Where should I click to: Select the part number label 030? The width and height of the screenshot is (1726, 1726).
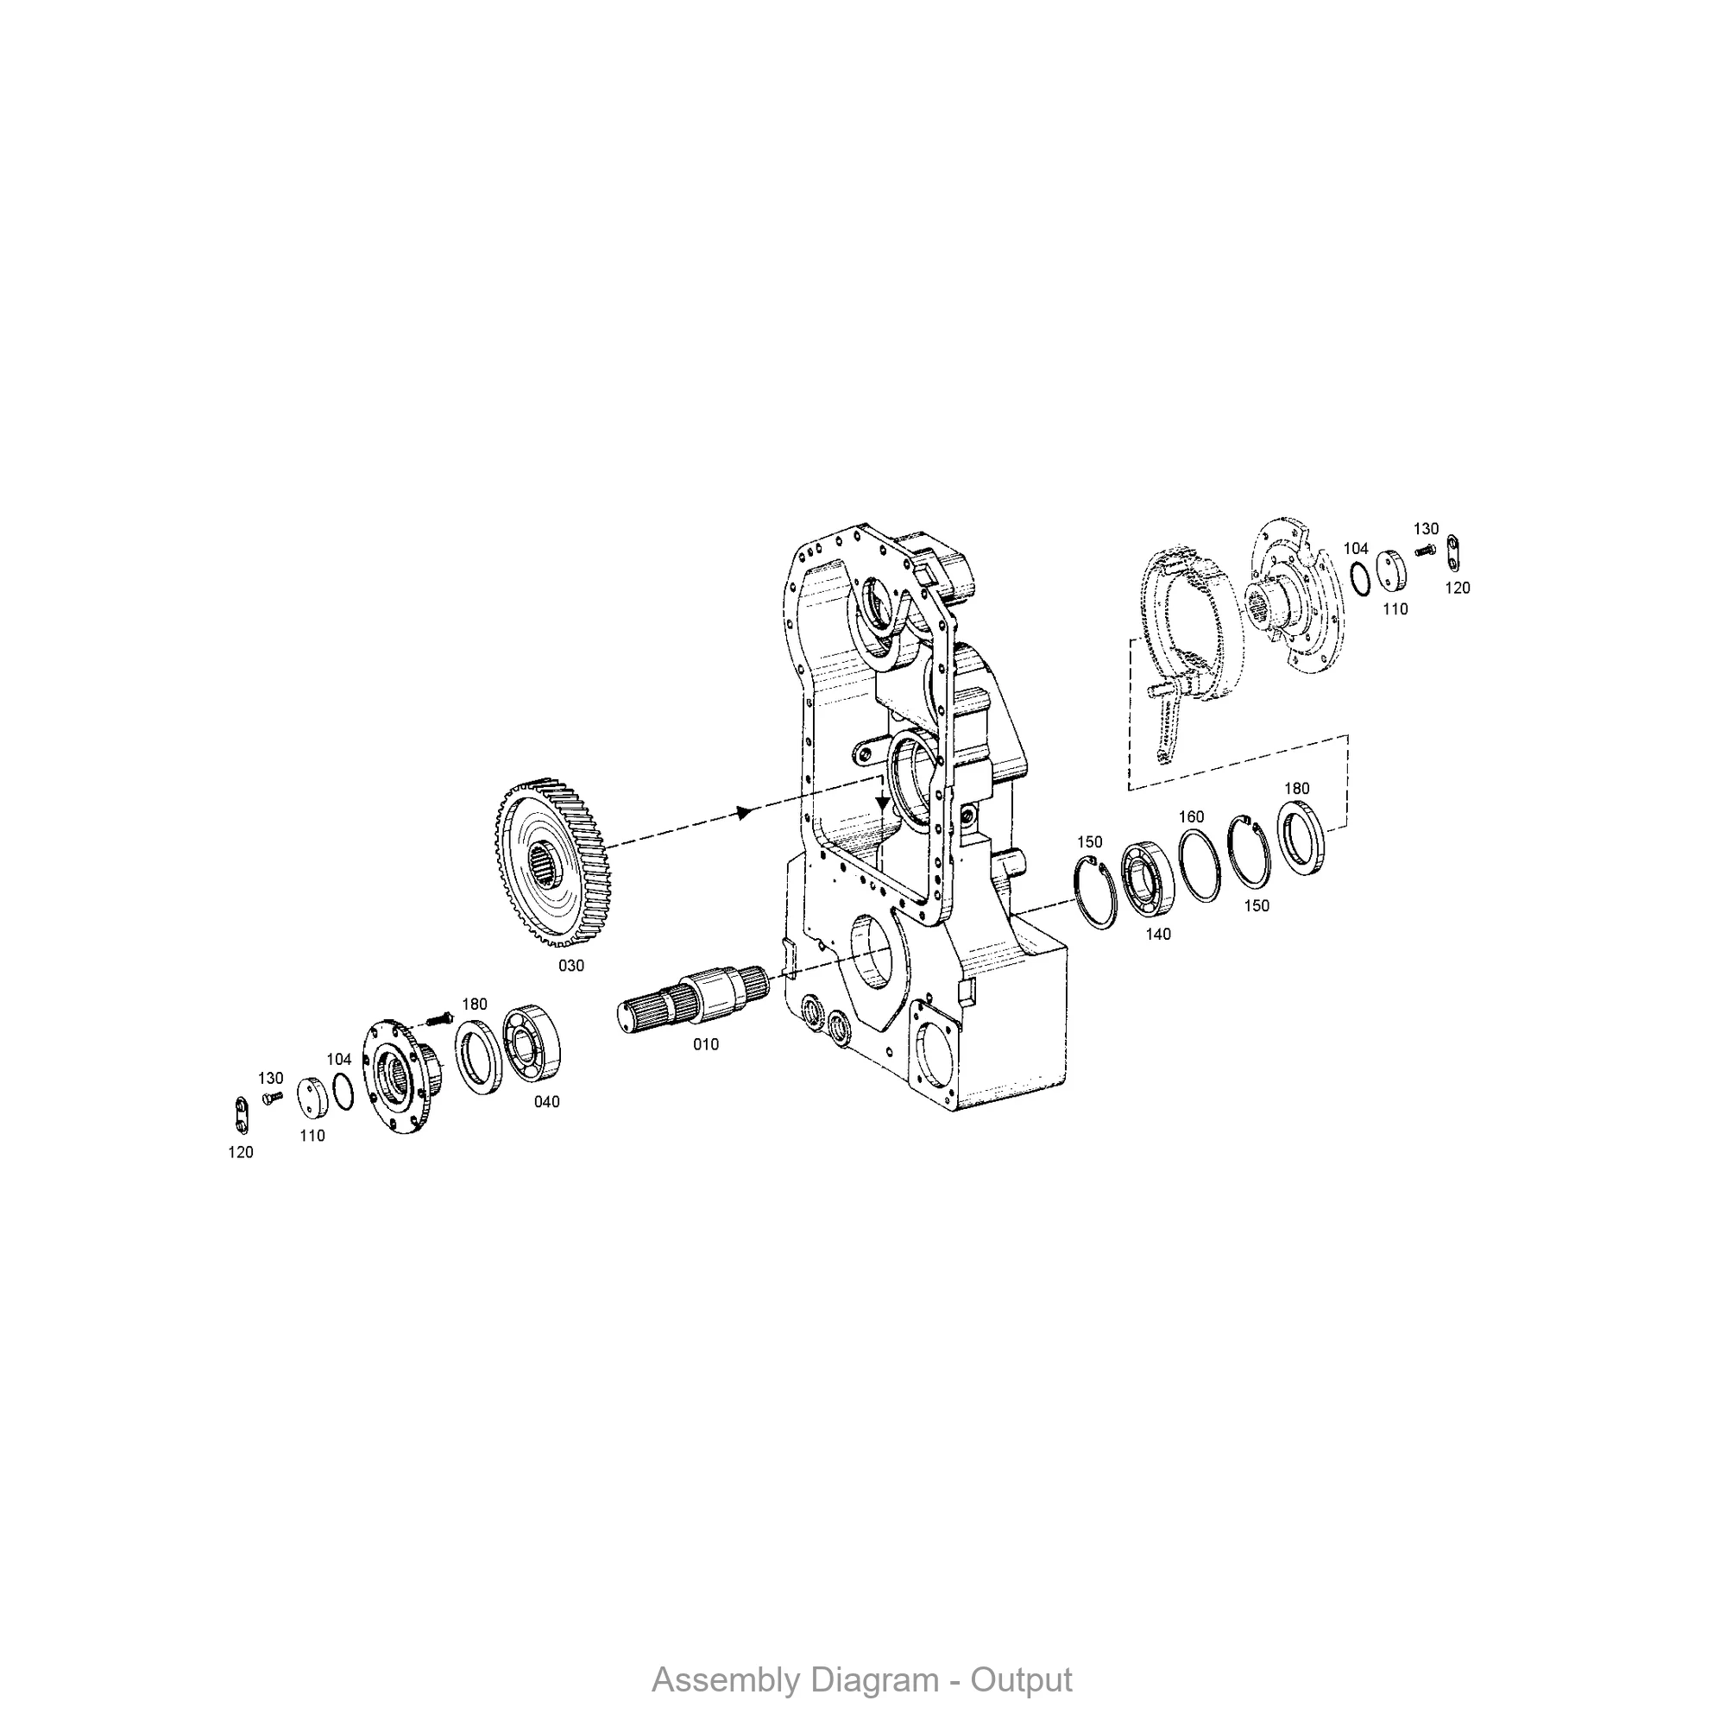[x=570, y=967]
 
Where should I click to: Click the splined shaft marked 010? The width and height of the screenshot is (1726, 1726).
[x=694, y=998]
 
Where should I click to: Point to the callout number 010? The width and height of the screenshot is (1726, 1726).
[x=706, y=1044]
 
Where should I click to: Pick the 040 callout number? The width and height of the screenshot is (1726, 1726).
[x=547, y=1102]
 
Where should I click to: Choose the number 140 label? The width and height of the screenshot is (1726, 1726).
[x=1158, y=935]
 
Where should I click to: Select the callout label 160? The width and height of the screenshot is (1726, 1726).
[x=1191, y=816]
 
